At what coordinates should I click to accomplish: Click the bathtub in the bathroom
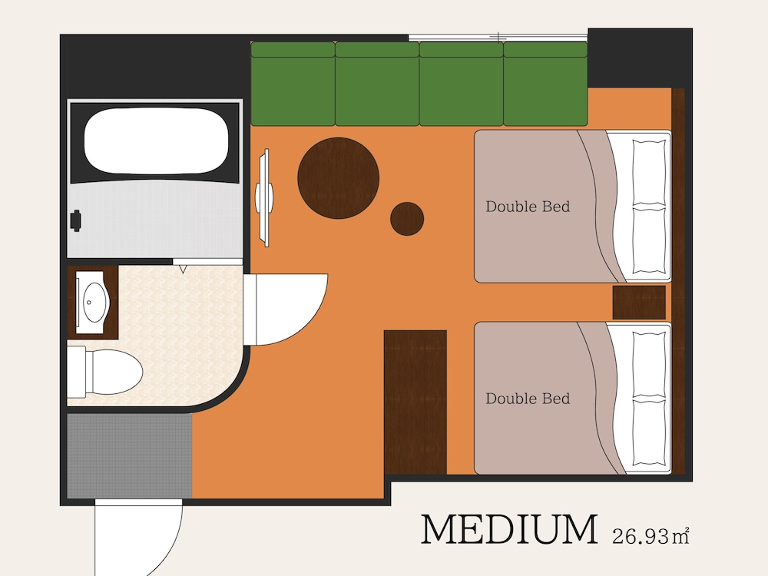pos(156,141)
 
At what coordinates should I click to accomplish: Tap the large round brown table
pos(339,178)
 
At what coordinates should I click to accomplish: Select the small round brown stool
pos(407,219)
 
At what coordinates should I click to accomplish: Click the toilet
pos(104,372)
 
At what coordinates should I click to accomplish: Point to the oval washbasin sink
pos(93,302)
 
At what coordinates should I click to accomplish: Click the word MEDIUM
pos(509,529)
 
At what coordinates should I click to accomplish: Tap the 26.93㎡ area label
pos(651,536)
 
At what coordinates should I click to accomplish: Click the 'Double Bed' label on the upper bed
pos(528,207)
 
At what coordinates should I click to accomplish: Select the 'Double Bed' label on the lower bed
pos(528,399)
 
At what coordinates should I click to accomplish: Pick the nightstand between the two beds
pos(639,302)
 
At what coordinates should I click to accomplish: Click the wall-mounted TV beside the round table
pos(264,197)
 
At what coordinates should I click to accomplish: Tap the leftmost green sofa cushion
pos(293,84)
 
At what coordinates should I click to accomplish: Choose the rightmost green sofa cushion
pos(545,84)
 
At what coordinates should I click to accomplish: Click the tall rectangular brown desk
pos(415,402)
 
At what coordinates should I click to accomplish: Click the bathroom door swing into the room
pos(286,309)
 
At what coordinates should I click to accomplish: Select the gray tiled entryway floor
pos(129,456)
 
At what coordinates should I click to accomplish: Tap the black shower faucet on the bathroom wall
pos(75,221)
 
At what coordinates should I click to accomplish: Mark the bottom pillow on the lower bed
pos(649,432)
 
